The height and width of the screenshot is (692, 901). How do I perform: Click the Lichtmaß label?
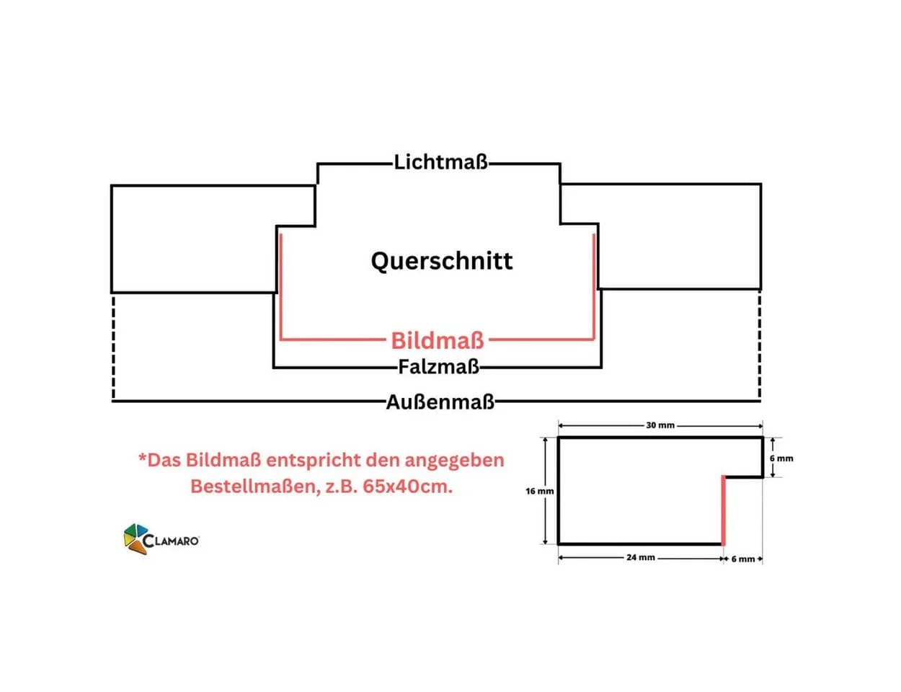440,161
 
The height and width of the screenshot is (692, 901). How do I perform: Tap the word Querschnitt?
442,261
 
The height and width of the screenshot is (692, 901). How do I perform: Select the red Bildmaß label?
438,340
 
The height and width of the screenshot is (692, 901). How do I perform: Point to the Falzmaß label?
439,367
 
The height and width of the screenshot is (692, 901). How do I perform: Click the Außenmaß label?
440,402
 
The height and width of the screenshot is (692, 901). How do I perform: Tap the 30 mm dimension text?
660,425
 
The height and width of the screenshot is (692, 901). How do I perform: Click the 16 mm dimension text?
539,492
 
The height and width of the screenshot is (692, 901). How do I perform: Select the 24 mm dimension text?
641,558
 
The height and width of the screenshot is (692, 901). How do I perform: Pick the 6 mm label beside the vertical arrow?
781,458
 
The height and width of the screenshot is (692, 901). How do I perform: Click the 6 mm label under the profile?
743,559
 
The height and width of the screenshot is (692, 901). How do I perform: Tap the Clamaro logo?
161,538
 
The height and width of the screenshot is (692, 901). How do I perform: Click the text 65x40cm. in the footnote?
407,487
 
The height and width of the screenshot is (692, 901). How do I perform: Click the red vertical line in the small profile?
724,510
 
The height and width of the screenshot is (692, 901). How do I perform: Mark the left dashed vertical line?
113,347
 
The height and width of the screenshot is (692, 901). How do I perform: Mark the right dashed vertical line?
760,345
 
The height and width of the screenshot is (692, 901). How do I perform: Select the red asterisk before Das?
143,458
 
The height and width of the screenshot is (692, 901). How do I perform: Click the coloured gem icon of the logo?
136,538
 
